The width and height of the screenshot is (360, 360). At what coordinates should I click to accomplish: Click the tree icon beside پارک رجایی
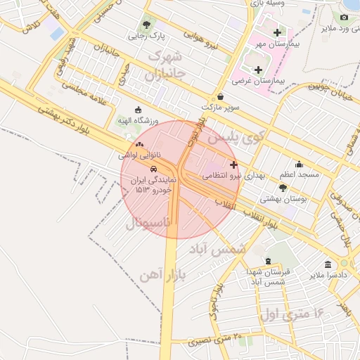tap(147, 21)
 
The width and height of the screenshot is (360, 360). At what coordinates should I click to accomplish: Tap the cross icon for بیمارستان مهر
tap(277, 32)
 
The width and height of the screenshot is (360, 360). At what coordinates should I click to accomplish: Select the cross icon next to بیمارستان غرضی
tap(258, 70)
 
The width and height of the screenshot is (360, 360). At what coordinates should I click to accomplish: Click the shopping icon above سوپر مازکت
tap(221, 96)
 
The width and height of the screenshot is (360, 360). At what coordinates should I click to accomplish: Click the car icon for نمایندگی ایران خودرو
tap(153, 169)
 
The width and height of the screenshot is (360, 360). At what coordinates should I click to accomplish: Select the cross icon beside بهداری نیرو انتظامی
tap(233, 163)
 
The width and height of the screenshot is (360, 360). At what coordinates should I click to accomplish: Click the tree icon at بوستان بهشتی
tap(283, 188)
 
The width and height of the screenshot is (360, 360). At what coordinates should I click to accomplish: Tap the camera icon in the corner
tap(344, 17)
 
